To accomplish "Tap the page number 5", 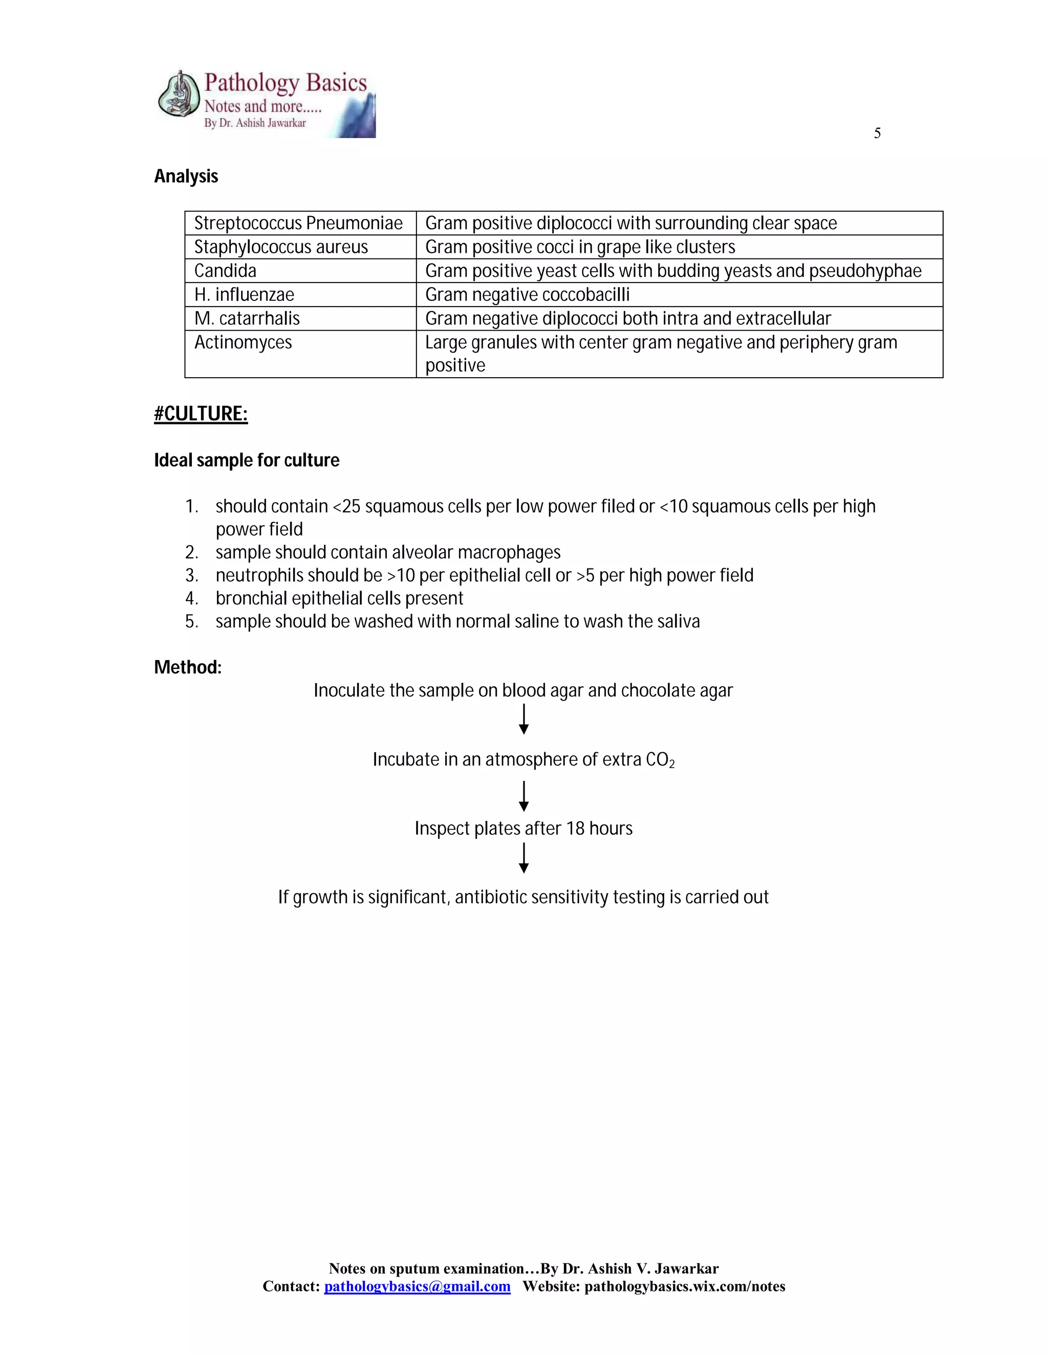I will [x=877, y=134].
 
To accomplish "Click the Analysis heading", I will [x=186, y=177].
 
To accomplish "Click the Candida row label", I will [x=225, y=271].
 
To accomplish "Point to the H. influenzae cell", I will [x=244, y=295].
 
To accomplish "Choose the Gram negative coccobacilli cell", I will [x=527, y=295].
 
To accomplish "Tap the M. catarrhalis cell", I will [x=247, y=318].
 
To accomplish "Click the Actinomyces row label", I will [x=243, y=343].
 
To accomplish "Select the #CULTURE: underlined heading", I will [x=201, y=414].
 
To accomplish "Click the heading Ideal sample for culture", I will [x=247, y=461].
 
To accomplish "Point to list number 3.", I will [x=191, y=576].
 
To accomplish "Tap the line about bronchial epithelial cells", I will [x=339, y=599].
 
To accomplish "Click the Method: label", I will [x=187, y=667].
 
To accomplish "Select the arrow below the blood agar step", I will [x=523, y=719].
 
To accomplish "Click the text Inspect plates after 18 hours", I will [x=523, y=828].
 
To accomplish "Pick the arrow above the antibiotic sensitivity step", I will [x=523, y=858].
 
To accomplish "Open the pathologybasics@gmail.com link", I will [x=417, y=1286].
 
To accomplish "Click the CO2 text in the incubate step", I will [x=659, y=760].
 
